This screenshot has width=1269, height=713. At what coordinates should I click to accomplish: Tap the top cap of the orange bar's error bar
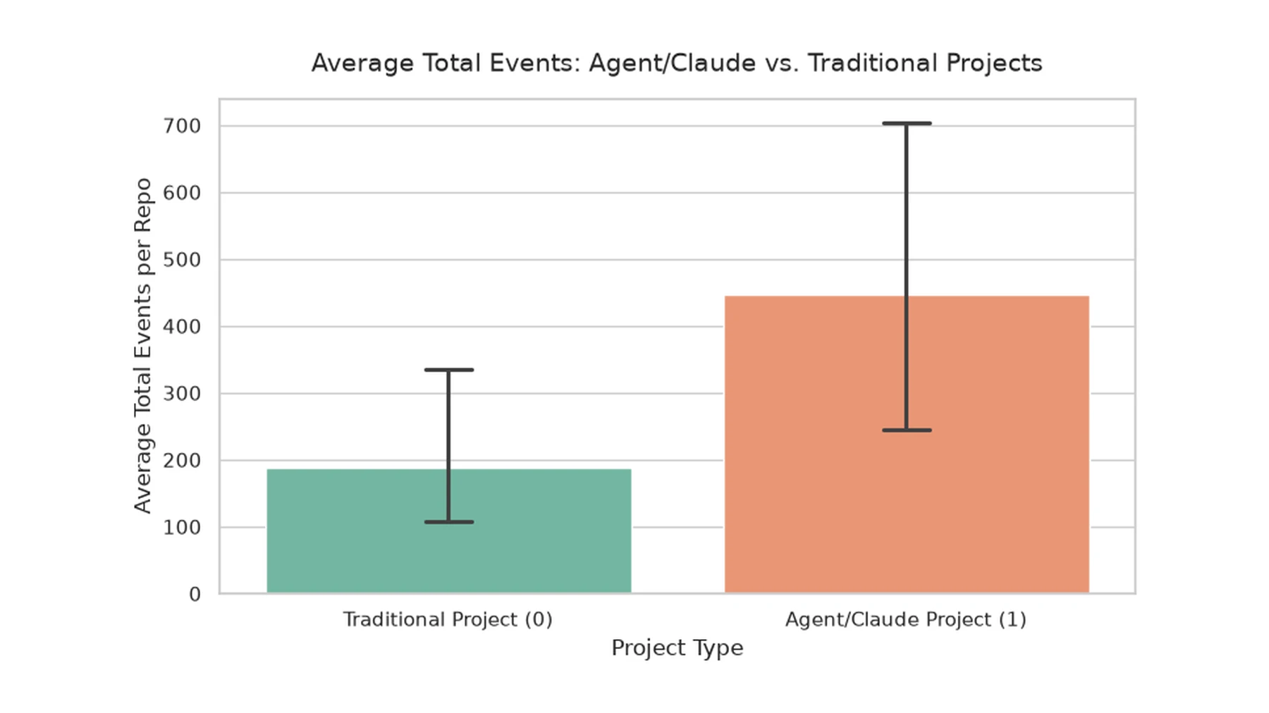(x=907, y=123)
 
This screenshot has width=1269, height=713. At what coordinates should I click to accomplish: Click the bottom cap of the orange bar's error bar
(x=907, y=430)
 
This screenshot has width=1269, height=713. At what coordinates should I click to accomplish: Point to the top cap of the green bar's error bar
(x=449, y=370)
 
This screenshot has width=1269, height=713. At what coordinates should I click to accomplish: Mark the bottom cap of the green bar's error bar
(x=449, y=522)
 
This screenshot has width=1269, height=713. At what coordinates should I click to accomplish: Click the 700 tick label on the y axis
(x=182, y=126)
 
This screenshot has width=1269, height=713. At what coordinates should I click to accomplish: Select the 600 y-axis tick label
(x=182, y=193)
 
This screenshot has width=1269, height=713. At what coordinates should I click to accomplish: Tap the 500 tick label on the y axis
(x=182, y=260)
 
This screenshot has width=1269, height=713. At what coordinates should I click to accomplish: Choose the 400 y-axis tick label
(x=182, y=327)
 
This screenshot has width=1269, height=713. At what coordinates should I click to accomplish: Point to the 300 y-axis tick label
(x=182, y=394)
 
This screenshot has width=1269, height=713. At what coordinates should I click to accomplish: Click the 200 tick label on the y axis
(x=182, y=461)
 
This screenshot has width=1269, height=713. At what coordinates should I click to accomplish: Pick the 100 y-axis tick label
(x=182, y=528)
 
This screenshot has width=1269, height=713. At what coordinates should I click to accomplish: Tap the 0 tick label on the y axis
(x=195, y=595)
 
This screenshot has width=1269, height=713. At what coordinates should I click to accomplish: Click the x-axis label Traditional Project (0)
(x=448, y=619)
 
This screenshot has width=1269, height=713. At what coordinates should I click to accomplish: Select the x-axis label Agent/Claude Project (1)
(x=906, y=619)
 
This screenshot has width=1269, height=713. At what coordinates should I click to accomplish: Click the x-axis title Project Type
(x=678, y=648)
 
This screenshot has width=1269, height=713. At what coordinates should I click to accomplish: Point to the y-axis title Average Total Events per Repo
(x=142, y=345)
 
